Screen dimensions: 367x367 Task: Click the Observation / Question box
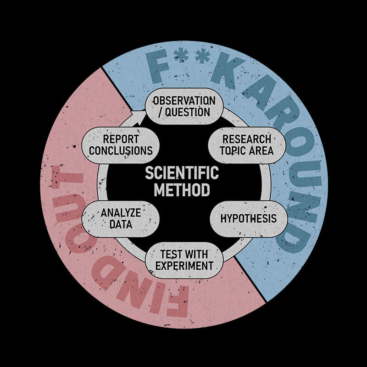coord(183,106)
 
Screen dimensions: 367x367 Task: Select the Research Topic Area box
coord(246,145)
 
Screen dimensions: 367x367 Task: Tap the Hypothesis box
coord(248,218)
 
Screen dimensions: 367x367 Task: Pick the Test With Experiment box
coord(184,259)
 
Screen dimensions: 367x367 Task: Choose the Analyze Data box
coord(121,218)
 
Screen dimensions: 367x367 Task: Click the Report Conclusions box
coord(121,145)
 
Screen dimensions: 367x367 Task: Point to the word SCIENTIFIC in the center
coord(182,173)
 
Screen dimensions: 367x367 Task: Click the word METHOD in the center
coord(182,189)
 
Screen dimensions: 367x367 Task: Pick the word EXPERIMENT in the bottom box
coord(184,266)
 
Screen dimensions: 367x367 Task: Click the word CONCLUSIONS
coord(121,150)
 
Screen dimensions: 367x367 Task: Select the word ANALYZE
coord(121,213)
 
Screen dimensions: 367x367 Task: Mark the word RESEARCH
coord(246,139)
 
